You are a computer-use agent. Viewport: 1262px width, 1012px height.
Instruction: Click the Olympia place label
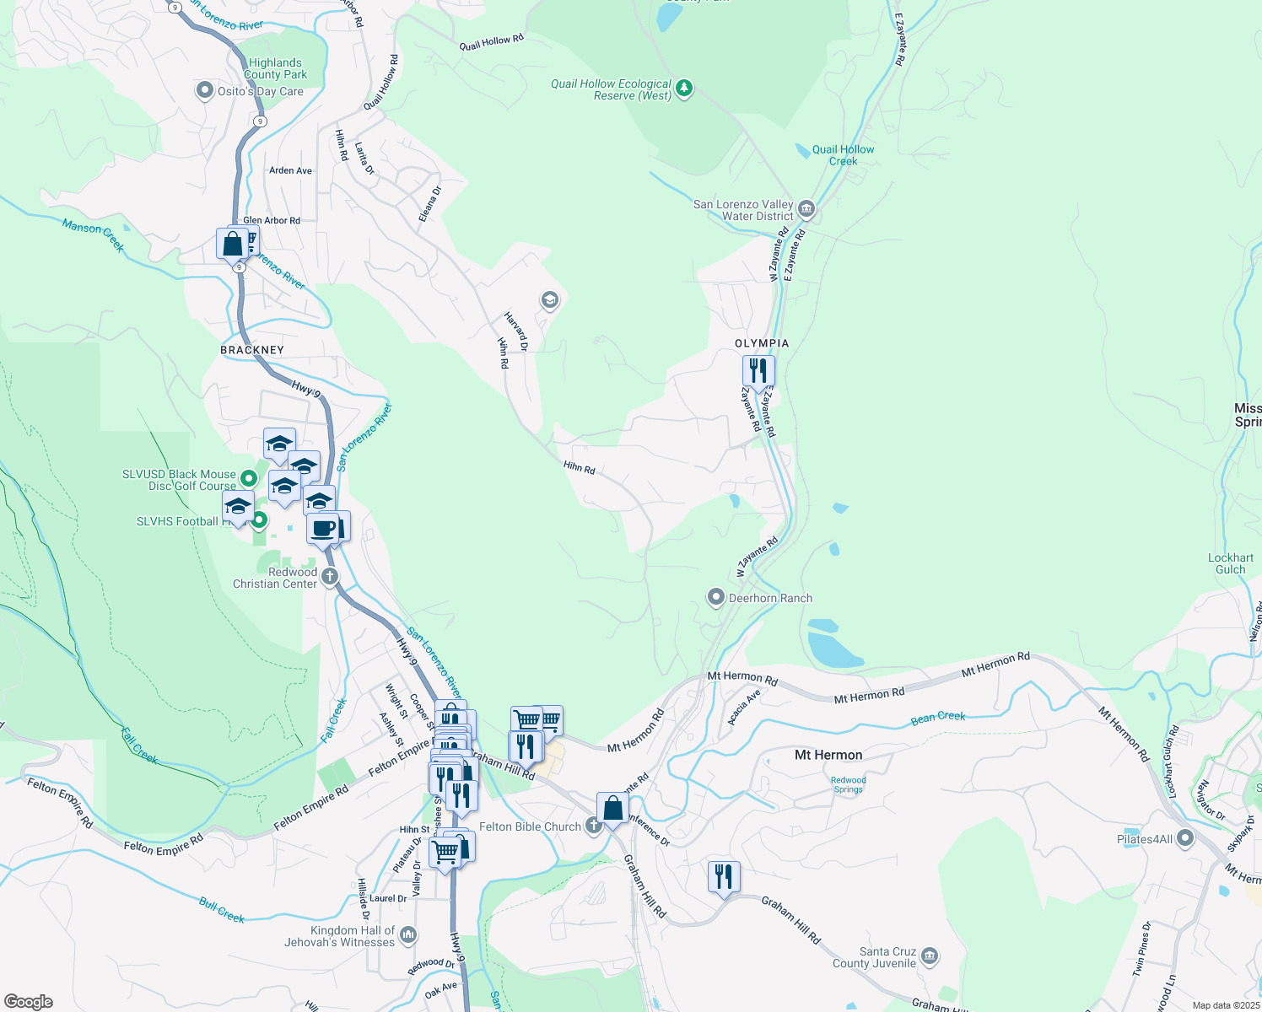(762, 343)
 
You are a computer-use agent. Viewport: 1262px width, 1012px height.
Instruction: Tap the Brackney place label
(252, 350)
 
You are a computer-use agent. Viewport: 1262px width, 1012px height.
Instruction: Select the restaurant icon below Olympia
(758, 371)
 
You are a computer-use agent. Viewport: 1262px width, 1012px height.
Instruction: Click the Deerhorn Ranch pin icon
(716, 598)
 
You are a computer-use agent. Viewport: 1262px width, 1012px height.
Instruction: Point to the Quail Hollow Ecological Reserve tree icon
(684, 89)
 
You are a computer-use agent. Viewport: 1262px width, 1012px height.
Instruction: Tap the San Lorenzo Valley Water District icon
(806, 209)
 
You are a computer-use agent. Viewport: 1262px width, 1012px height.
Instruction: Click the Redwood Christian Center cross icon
(330, 577)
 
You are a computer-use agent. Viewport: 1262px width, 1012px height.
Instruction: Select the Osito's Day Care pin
(204, 90)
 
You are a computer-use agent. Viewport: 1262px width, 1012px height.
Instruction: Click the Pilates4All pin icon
(1185, 838)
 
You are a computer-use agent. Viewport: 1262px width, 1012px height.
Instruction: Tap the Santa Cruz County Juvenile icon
(930, 956)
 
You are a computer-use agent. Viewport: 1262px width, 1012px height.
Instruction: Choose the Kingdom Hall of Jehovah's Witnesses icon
(408, 934)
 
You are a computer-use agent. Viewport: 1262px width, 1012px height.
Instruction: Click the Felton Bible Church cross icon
(594, 826)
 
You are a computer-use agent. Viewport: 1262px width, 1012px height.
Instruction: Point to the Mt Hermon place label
(828, 755)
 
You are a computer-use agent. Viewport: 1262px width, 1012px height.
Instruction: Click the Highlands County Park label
(275, 68)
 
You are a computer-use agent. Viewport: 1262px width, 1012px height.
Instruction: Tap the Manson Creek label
(94, 235)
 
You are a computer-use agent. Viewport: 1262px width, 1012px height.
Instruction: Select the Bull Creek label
(222, 911)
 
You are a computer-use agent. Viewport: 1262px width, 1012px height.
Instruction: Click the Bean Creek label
(938, 718)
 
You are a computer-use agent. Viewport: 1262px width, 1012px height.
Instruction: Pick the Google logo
(29, 1001)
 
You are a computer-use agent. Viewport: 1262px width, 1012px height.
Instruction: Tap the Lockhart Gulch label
(1230, 563)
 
